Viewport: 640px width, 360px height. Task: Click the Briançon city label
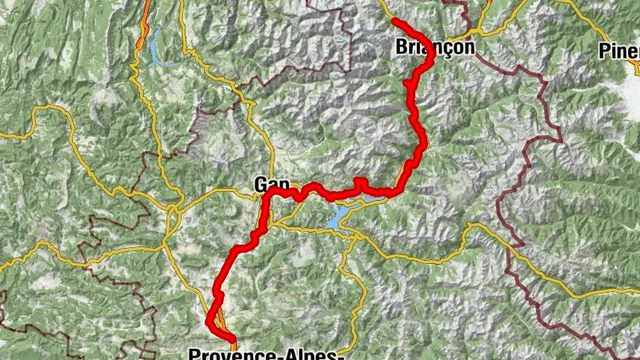pyautogui.click(x=434, y=48)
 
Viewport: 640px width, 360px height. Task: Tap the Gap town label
pyautogui.click(x=271, y=184)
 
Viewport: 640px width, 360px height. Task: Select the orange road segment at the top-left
pyautogui.click(x=143, y=28)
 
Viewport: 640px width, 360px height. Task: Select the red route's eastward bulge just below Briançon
pyautogui.click(x=430, y=64)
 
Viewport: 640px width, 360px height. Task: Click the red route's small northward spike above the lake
pyautogui.click(x=359, y=182)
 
